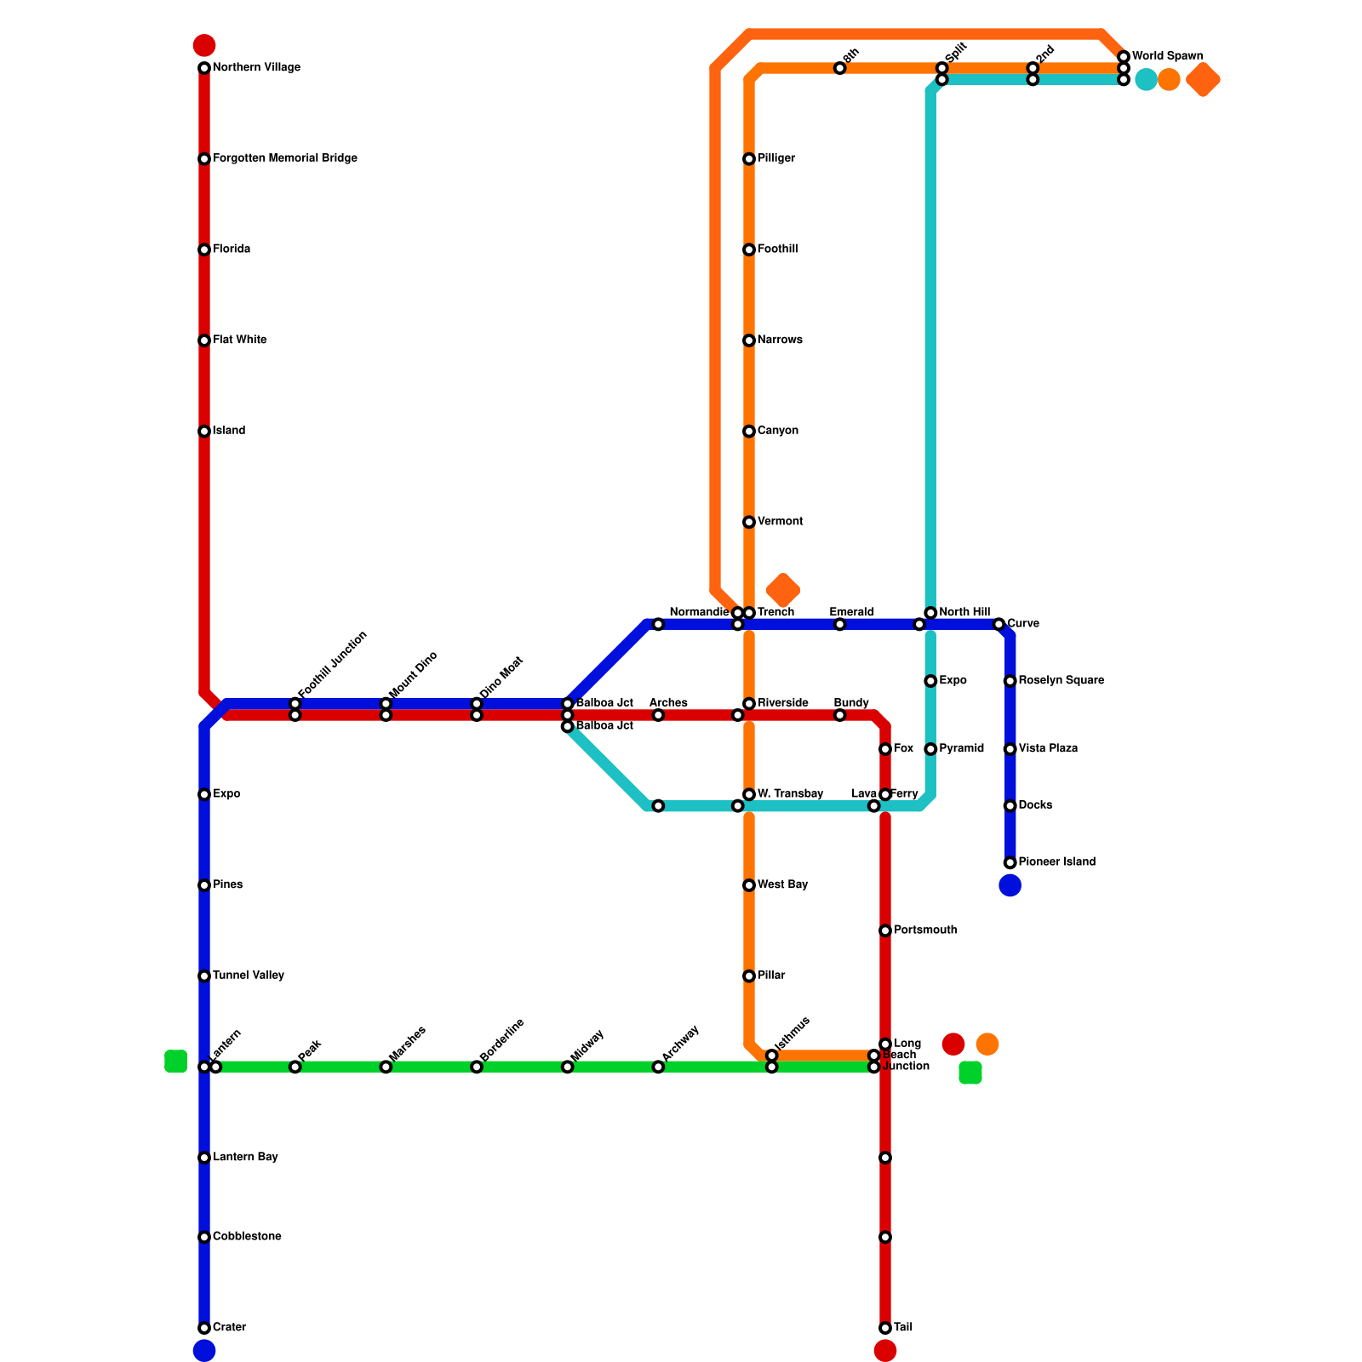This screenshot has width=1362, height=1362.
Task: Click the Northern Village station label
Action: pos(255,68)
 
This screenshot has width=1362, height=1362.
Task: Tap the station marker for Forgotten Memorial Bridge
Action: pos(204,159)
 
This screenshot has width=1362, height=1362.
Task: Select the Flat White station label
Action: pos(239,340)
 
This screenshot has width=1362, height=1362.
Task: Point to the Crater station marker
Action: pos(204,1328)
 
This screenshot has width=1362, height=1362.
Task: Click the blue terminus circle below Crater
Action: pos(204,1351)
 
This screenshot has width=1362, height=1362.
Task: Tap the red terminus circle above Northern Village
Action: pos(204,45)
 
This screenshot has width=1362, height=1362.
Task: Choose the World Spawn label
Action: pos(1167,56)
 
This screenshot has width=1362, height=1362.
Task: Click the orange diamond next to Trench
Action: pos(782,590)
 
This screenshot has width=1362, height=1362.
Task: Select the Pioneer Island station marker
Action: pos(1010,862)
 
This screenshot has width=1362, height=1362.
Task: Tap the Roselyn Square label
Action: pos(1061,681)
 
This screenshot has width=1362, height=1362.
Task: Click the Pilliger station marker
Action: pos(749,159)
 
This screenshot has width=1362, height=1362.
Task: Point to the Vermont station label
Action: pos(780,522)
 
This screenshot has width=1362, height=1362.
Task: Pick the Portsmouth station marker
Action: pos(885,930)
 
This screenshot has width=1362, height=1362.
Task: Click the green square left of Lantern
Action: pos(175,1061)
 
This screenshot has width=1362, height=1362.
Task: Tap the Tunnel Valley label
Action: pos(248,976)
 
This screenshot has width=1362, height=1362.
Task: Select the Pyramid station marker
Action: pos(930,749)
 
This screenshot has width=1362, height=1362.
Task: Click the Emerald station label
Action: pos(851,612)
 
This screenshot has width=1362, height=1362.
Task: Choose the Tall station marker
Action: pos(885,1328)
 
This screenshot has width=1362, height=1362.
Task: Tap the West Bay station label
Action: pos(782,885)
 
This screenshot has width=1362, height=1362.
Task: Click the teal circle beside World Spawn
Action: pos(1146,80)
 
